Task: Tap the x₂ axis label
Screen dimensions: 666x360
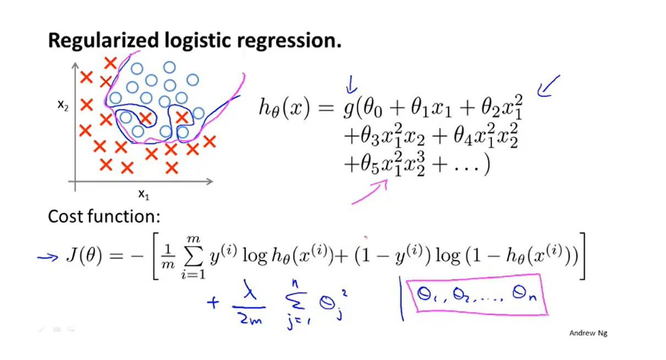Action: [63, 105]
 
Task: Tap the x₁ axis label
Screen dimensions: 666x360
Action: [144, 194]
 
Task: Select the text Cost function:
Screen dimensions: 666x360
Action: [104, 216]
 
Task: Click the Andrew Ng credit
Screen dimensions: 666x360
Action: [588, 333]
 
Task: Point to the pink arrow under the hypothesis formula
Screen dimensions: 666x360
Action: [370, 193]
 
